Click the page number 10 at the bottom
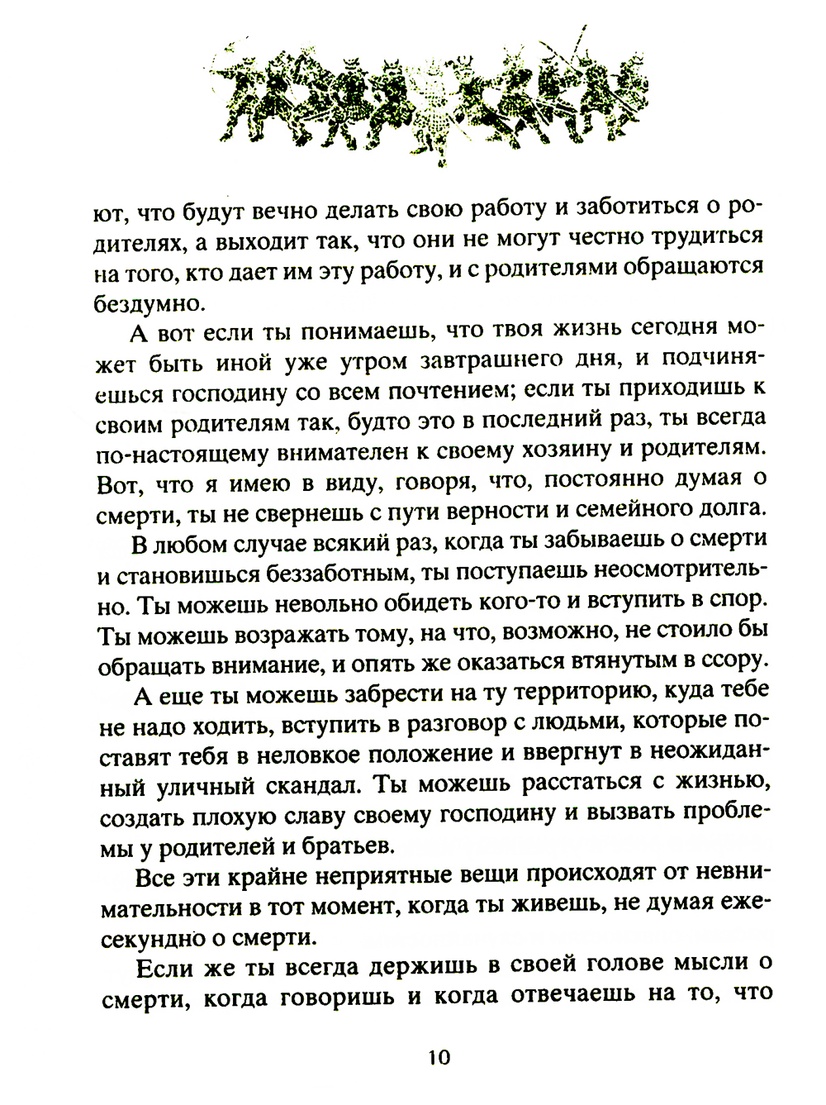(x=439, y=1057)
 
